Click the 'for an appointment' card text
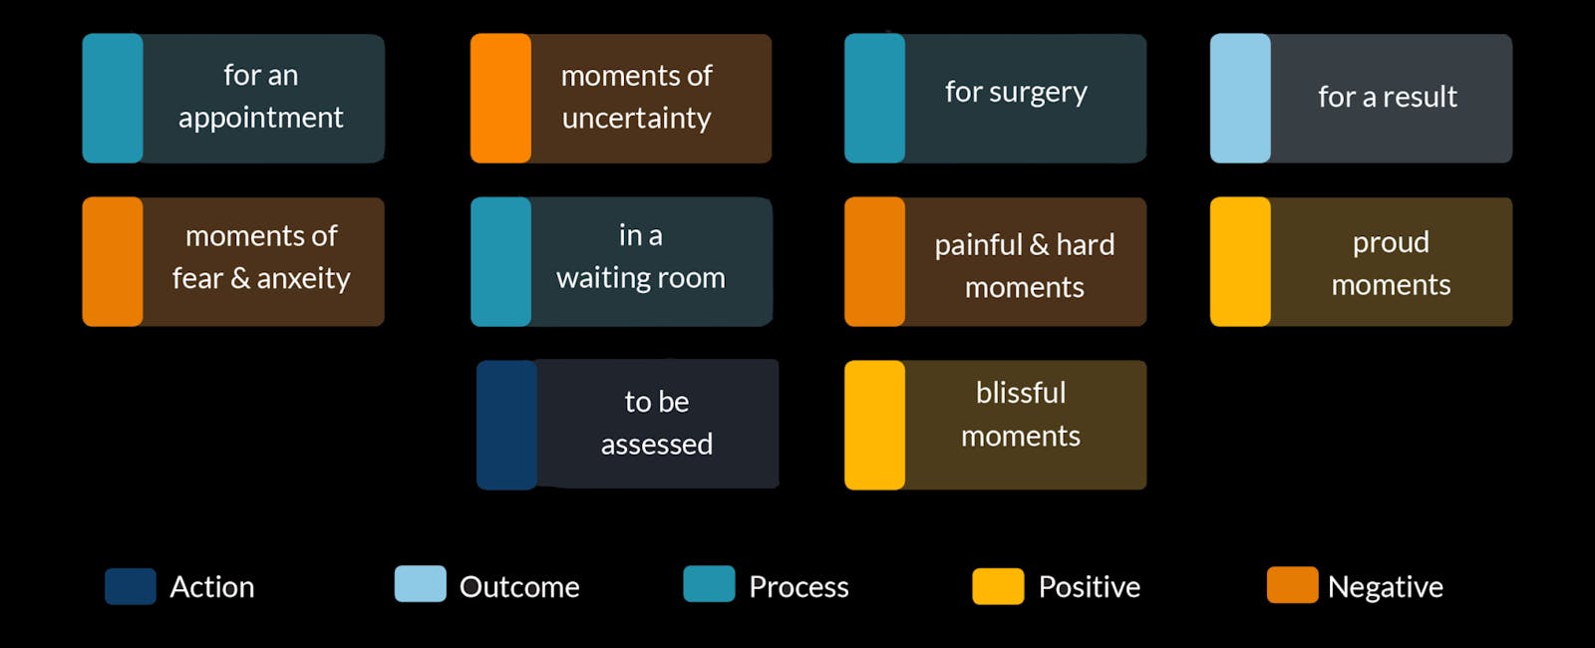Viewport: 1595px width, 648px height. point(260,96)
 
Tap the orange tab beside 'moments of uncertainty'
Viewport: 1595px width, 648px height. point(500,99)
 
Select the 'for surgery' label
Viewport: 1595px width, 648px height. point(1016,93)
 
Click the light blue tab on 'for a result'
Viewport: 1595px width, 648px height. point(1240,99)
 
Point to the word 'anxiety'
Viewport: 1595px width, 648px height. point(303,278)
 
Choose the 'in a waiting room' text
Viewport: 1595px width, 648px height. point(641,256)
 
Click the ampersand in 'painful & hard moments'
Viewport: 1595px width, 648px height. point(1039,245)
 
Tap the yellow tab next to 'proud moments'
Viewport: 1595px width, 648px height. point(1240,261)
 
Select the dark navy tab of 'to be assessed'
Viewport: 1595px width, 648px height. point(507,425)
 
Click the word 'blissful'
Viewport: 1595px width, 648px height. point(1021,393)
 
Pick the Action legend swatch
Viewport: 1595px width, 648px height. point(131,586)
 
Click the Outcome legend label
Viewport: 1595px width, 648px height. point(519,587)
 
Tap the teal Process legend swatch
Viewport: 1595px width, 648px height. point(709,584)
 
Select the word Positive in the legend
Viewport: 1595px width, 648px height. point(1090,587)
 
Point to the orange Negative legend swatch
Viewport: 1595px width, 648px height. point(1292,584)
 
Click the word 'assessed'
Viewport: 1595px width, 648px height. point(657,445)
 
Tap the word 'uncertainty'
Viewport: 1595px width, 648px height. point(637,119)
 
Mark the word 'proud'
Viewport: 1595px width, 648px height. point(1391,243)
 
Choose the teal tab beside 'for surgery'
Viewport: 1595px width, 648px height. point(875,99)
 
